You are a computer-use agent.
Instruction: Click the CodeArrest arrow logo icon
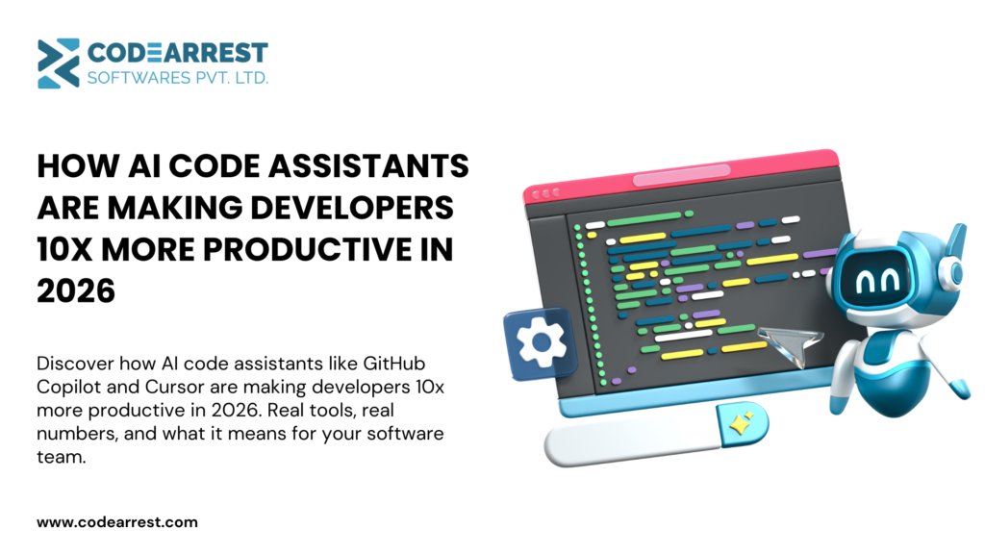(x=59, y=63)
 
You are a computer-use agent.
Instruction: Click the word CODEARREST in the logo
(x=178, y=53)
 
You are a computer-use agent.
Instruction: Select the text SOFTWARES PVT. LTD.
(x=178, y=78)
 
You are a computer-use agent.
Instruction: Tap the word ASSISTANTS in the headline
(x=369, y=166)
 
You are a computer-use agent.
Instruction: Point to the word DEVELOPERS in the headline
(x=352, y=208)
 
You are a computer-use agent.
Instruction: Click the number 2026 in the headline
(x=76, y=290)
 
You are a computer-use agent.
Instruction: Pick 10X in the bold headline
(x=64, y=249)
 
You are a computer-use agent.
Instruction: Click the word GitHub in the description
(x=393, y=364)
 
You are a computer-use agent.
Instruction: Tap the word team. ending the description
(x=61, y=457)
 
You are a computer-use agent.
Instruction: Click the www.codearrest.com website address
(x=117, y=522)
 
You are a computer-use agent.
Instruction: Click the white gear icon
(x=541, y=342)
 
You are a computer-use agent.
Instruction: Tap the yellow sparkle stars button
(x=744, y=424)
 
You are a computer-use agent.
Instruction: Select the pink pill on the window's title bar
(x=682, y=175)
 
